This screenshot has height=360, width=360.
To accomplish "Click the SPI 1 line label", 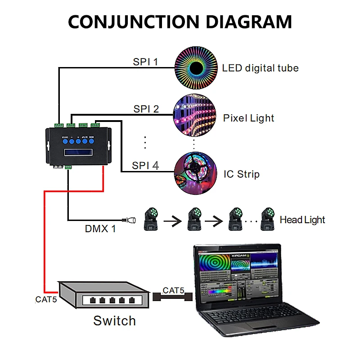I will click(145, 62).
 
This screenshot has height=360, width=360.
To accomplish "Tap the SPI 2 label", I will click(146, 109).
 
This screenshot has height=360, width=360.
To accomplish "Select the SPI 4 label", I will click(145, 166).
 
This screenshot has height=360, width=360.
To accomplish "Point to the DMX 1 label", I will click(100, 229).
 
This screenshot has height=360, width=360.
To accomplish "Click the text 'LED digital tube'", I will click(260, 68).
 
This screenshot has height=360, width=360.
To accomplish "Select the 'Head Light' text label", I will click(302, 220).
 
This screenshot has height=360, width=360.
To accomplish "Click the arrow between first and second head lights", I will click(173, 221).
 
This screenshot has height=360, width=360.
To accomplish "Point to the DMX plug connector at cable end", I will click(132, 220).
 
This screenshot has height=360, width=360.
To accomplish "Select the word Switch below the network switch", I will click(114, 321).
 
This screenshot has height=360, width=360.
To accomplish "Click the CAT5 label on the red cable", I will click(46, 299).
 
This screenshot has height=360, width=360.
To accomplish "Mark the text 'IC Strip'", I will click(242, 174).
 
